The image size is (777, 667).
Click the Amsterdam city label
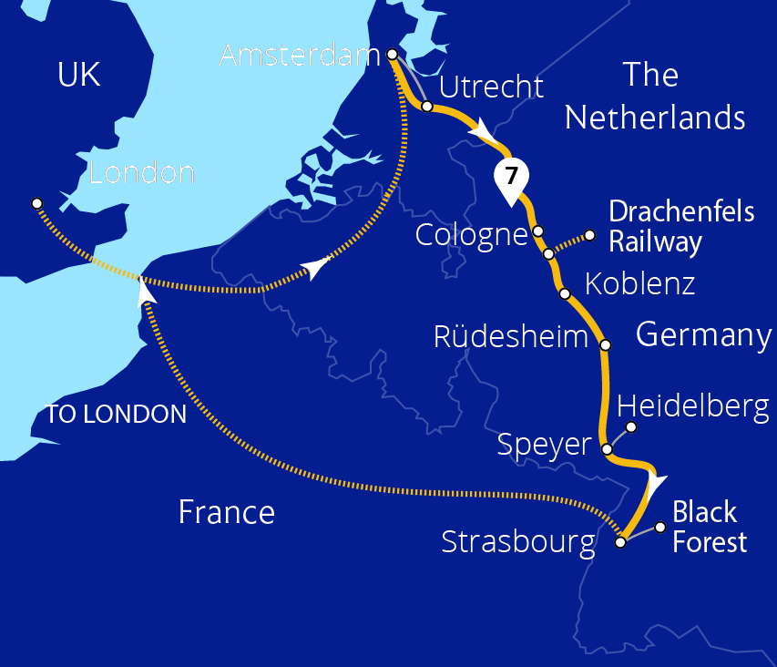coord(299,56)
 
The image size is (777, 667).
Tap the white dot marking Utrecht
coord(426,107)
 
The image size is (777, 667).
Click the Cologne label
coord(471,235)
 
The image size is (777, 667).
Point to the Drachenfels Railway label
coord(681,227)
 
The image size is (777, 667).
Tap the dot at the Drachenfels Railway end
coord(589,235)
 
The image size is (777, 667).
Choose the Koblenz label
coord(639,283)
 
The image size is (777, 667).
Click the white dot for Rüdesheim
coord(605,345)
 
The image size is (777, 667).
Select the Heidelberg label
coord(693,406)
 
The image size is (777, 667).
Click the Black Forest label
coord(709,527)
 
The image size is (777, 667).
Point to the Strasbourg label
coord(517,543)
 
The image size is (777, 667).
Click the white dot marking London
coord(36,202)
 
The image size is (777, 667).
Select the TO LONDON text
coord(116,415)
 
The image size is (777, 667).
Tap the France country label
coord(226,512)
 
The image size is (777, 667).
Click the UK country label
coord(78,75)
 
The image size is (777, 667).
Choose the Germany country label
coord(703,334)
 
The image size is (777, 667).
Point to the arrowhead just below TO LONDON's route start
coord(144,290)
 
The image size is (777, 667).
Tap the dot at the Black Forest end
coord(660,527)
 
